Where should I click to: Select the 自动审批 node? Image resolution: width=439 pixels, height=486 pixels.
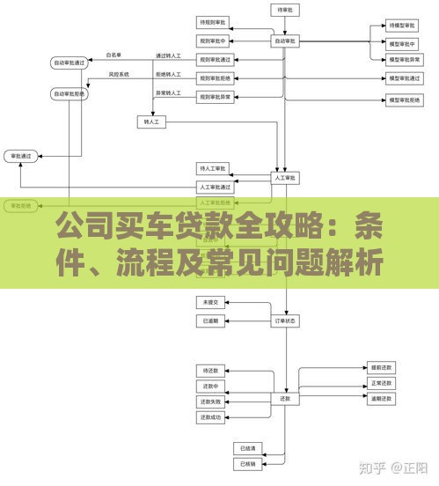click(285, 40)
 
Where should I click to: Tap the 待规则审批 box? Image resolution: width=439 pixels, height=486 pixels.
click(214, 21)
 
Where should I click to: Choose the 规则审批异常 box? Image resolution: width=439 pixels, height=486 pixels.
click(214, 97)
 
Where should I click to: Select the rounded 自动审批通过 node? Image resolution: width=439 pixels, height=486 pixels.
click(70, 63)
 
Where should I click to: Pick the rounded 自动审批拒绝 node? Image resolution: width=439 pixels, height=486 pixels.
click(70, 93)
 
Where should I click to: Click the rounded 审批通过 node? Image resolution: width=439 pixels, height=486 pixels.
click(20, 156)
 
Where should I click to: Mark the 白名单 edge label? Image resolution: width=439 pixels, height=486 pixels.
click(113, 55)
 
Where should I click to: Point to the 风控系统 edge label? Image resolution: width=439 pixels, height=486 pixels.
click(119, 74)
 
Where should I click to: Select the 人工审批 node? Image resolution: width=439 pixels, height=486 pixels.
click(285, 178)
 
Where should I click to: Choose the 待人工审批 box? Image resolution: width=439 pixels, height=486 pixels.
click(214, 167)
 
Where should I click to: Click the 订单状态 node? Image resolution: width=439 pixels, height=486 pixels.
click(285, 320)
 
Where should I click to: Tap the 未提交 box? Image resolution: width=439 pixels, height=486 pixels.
click(211, 302)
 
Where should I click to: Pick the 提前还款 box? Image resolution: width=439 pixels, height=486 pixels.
click(382, 366)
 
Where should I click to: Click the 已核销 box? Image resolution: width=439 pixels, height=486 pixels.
click(247, 463)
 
